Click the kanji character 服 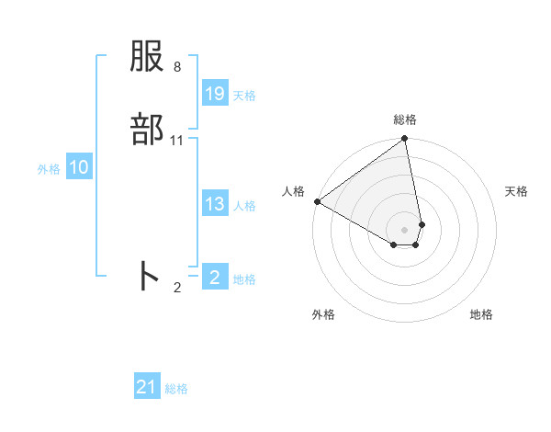coord(148,59)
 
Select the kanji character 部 coord(148,131)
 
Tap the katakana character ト coord(148,276)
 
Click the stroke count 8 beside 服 coord(176,67)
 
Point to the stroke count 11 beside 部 coord(176,141)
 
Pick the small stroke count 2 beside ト coord(176,287)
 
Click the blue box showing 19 coord(215,94)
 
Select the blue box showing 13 coord(215,204)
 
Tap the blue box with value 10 coord(79,167)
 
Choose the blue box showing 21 coord(147,387)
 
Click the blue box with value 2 coord(215,277)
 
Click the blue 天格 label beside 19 coord(244,96)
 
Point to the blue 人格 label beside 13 coord(244,206)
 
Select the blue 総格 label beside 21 coord(176,389)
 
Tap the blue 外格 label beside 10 coord(49,169)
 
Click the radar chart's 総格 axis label coord(405,119)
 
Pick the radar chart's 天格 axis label coord(516,191)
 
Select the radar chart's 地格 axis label coord(481,314)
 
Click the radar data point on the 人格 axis coord(317,201)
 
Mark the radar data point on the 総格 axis coord(405,140)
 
